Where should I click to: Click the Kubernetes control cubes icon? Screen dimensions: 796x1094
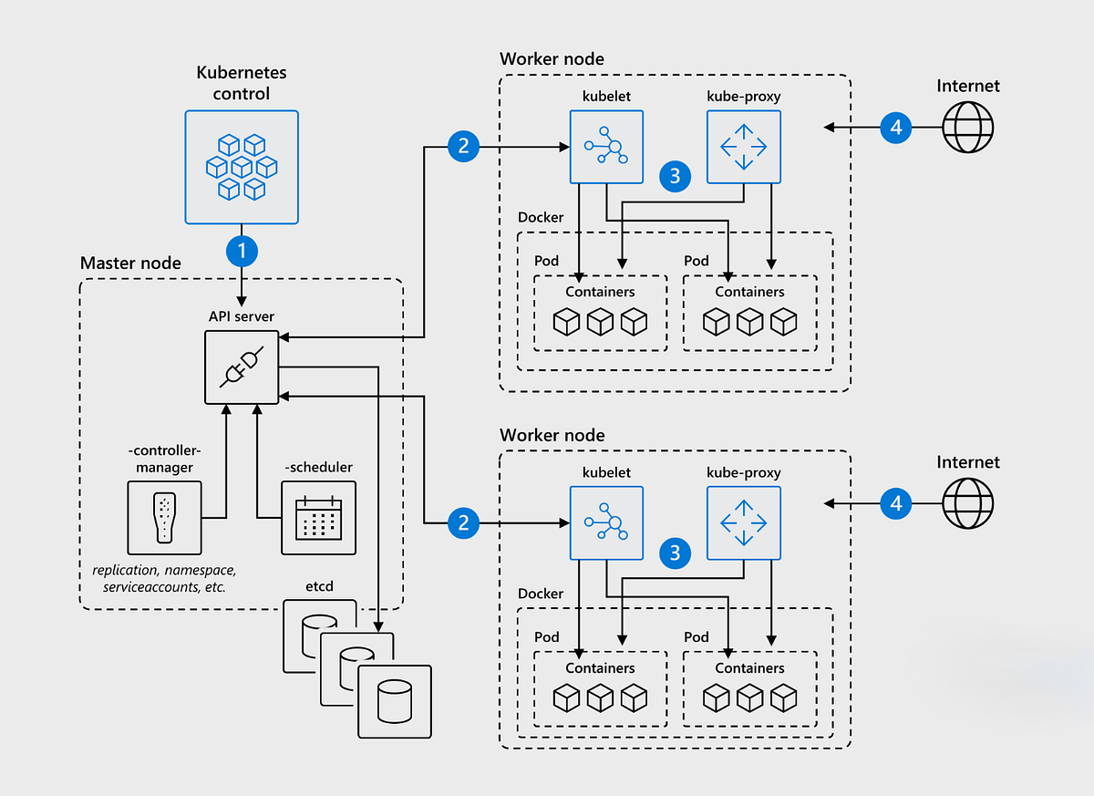(242, 167)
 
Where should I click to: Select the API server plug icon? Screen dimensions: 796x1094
(242, 367)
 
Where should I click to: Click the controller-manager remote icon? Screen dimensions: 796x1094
(164, 518)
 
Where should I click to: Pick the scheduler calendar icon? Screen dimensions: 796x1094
(318, 518)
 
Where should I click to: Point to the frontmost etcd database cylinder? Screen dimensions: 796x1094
(395, 701)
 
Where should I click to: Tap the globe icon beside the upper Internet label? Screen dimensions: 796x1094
(968, 127)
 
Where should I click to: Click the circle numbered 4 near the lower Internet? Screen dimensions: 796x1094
(896, 502)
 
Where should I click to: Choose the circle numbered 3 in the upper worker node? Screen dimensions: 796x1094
(675, 176)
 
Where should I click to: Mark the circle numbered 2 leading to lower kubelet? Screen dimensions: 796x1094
(464, 522)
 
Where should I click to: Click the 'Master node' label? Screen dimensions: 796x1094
(130, 264)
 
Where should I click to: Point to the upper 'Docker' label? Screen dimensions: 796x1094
(541, 217)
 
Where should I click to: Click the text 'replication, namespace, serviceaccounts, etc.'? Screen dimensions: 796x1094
(164, 578)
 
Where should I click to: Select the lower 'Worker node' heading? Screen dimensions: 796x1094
(552, 435)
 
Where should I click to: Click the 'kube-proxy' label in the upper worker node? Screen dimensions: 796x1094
(744, 96)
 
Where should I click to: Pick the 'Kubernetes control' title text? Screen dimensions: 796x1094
(241, 82)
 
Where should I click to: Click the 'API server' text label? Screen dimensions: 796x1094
(242, 316)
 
